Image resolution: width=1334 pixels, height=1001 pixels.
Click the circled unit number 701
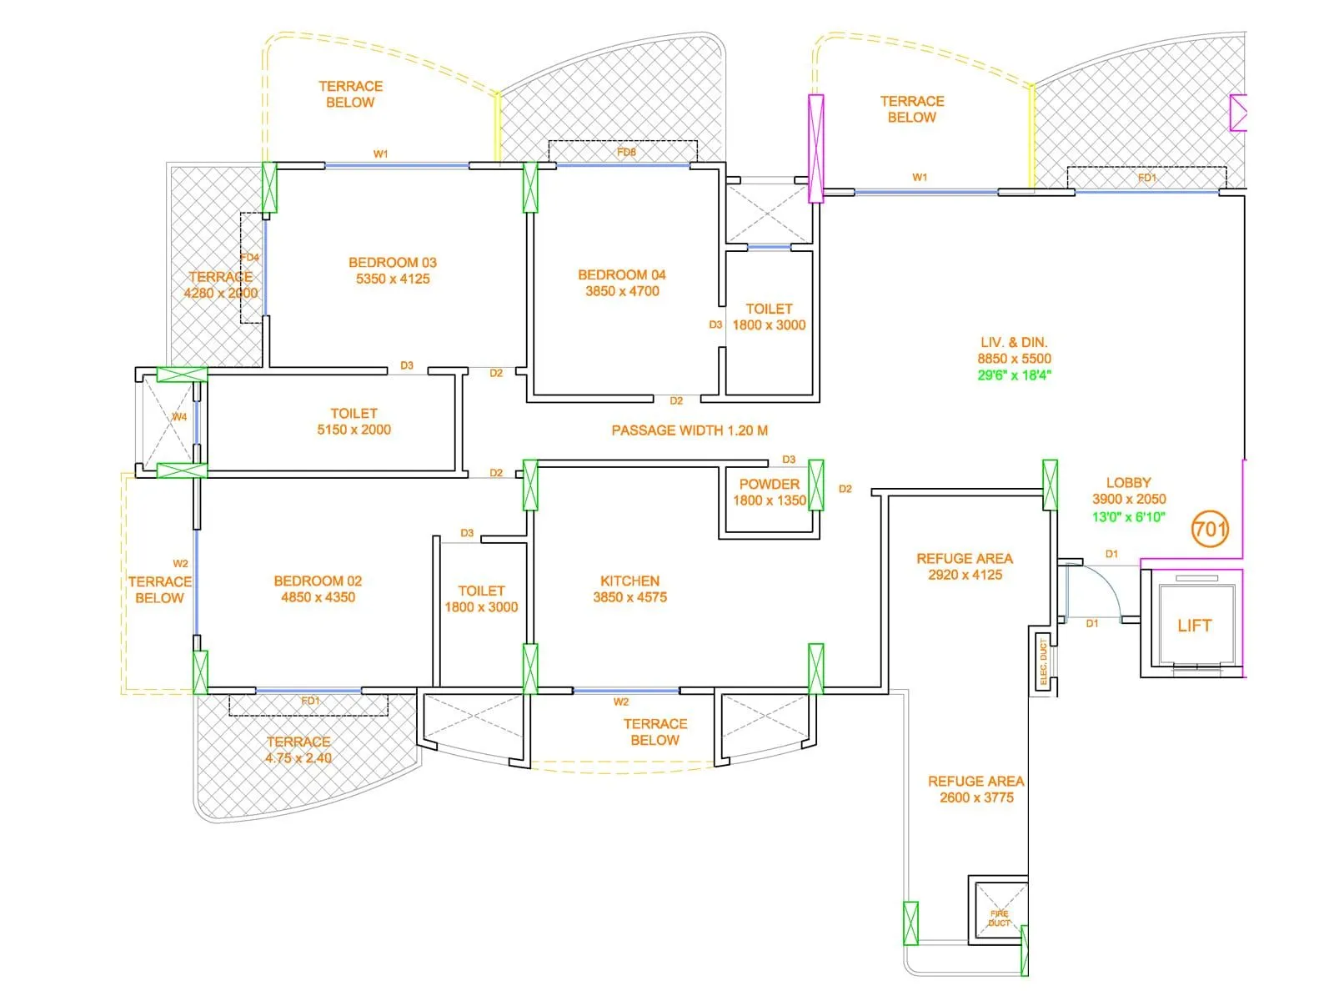click(1209, 529)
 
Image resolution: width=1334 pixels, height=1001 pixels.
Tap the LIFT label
click(1194, 626)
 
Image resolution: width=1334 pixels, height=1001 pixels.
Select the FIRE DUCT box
click(999, 917)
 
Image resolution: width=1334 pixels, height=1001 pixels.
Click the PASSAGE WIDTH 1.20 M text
click(690, 430)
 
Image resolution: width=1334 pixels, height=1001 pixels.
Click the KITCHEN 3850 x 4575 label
click(629, 589)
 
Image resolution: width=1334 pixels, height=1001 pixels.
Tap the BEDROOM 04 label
click(622, 283)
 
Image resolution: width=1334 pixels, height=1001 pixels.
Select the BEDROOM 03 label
click(393, 270)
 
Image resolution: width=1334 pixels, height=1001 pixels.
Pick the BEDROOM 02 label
click(318, 589)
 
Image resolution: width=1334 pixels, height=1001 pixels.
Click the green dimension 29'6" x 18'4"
click(1014, 375)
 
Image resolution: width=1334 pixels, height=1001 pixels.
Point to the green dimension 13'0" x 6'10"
click(1128, 517)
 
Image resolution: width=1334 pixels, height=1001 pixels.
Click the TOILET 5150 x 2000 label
click(354, 421)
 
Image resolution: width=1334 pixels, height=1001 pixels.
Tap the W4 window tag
click(179, 417)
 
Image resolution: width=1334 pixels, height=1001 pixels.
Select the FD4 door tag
click(249, 257)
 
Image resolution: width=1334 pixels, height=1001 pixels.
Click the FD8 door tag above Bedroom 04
click(626, 153)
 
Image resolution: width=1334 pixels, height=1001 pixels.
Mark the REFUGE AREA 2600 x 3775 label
click(976, 789)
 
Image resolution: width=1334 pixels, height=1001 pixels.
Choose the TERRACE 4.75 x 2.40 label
click(298, 750)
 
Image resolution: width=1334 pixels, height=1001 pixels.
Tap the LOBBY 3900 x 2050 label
click(1128, 490)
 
